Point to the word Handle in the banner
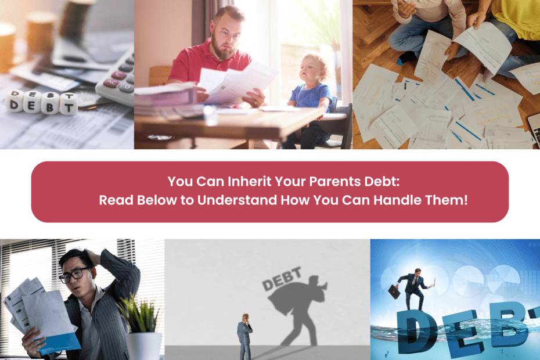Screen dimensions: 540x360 coord(397,200)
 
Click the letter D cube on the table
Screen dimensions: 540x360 coord(14,101)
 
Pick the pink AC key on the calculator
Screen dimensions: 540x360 coord(111,82)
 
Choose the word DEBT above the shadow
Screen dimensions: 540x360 coord(282,279)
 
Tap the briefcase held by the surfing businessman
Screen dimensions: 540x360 coord(394,291)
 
